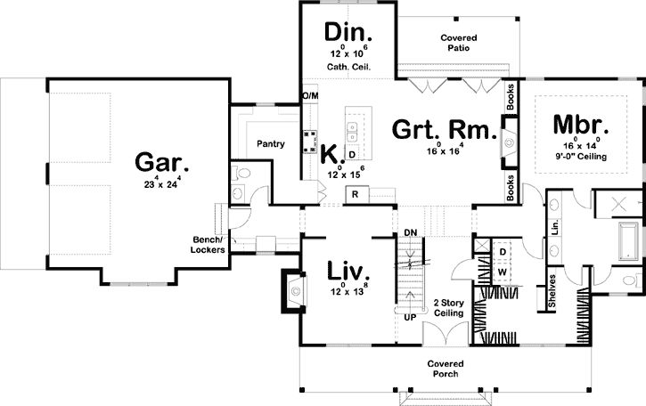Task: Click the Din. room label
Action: pos(347,33)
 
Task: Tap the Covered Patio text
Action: pos(459,44)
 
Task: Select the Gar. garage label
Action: pos(162,163)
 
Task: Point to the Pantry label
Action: pos(270,143)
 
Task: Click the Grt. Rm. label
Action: pos(443,132)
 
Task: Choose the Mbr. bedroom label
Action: pos(579,125)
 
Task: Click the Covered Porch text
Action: pos(443,369)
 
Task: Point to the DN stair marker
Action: pos(411,233)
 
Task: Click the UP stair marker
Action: pos(410,317)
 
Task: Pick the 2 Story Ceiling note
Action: pos(446,308)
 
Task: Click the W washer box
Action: pos(503,271)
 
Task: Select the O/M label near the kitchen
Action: pos(310,95)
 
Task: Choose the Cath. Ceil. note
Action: pos(347,68)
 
